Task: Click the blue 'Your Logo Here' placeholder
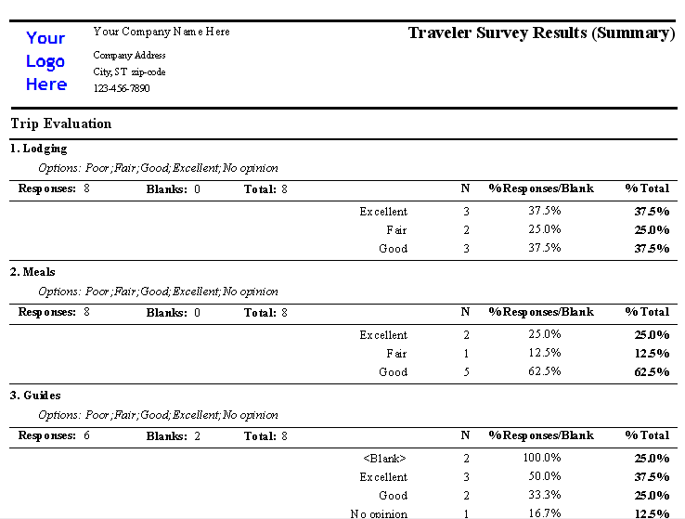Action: pyautogui.click(x=46, y=61)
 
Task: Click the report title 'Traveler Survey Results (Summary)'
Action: pyautogui.click(x=540, y=33)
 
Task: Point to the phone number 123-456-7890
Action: pyautogui.click(x=122, y=88)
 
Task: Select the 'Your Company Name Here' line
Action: pyautogui.click(x=162, y=32)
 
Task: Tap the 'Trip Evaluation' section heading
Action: pyautogui.click(x=61, y=123)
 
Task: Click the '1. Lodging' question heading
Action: pyautogui.click(x=39, y=149)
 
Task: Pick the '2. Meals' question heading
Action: pyautogui.click(x=32, y=272)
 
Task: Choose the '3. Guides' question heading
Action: pyautogui.click(x=35, y=396)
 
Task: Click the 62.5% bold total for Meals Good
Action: pyautogui.click(x=652, y=372)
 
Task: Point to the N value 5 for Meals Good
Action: pyautogui.click(x=466, y=372)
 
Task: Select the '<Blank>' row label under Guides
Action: pyautogui.click(x=384, y=459)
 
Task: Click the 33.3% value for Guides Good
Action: pyautogui.click(x=545, y=496)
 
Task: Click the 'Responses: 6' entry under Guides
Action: pyautogui.click(x=54, y=436)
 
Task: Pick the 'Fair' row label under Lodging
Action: pyautogui.click(x=396, y=230)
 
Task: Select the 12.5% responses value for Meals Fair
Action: pyautogui.click(x=545, y=354)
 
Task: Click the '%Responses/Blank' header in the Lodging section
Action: pyautogui.click(x=541, y=189)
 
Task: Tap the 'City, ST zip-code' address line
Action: pyautogui.click(x=130, y=71)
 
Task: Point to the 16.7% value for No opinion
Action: pyautogui.click(x=545, y=513)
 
